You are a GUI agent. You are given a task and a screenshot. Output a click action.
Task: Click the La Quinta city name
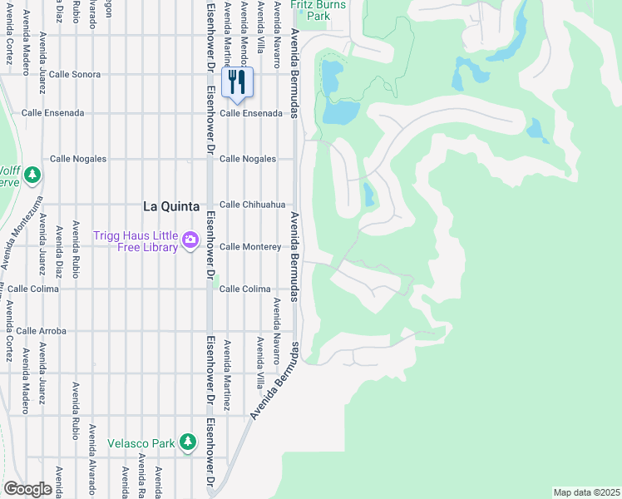pyautogui.click(x=171, y=206)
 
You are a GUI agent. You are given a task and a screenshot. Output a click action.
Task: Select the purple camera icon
pyautogui.click(x=190, y=241)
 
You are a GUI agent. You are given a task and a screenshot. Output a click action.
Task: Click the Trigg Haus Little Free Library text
pyautogui.click(x=136, y=241)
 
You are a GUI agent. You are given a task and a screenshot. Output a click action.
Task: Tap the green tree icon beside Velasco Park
pyautogui.click(x=188, y=443)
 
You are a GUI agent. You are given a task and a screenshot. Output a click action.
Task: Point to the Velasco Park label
pyautogui.click(x=141, y=443)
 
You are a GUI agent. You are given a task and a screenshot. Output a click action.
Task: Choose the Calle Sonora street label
pyautogui.click(x=75, y=74)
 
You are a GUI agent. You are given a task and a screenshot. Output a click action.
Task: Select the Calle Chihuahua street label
pyautogui.click(x=252, y=205)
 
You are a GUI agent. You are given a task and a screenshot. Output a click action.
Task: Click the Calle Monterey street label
pyautogui.click(x=250, y=247)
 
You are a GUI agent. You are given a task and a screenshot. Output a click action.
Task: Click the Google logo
pyautogui.click(x=27, y=488)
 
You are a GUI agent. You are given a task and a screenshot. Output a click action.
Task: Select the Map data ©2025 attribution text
pyautogui.click(x=585, y=492)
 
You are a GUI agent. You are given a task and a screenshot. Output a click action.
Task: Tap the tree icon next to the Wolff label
pyautogui.click(x=32, y=175)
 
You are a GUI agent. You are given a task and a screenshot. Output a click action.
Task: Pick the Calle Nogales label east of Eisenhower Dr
pyautogui.click(x=247, y=159)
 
